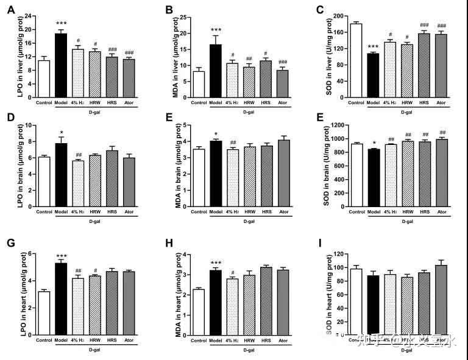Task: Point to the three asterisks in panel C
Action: [x=373, y=47]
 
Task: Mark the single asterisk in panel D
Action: [x=61, y=132]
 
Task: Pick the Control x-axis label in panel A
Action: [x=43, y=102]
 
